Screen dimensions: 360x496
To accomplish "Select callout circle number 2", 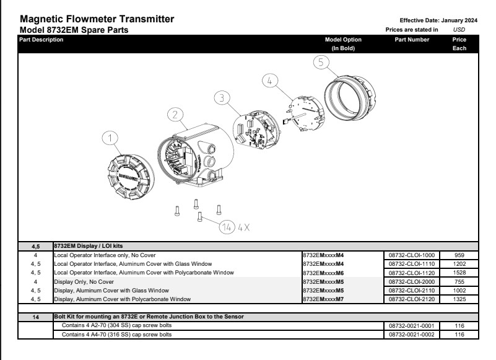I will point(176,115).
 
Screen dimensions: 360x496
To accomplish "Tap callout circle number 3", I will point(222,98).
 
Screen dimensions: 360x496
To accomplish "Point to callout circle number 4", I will point(269,80).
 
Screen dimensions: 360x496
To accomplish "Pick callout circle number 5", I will point(320,62).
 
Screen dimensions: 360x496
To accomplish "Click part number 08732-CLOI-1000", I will point(411,255).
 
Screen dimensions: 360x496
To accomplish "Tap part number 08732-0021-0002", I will point(411,335).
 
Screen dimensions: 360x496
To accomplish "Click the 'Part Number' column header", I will point(411,40).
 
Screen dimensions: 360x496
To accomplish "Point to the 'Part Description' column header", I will point(41,40).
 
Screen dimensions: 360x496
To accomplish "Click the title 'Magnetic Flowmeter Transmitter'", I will point(97,20).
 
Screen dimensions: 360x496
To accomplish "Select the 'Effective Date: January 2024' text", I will point(431,20).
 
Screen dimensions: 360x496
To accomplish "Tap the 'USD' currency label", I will point(459,29).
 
